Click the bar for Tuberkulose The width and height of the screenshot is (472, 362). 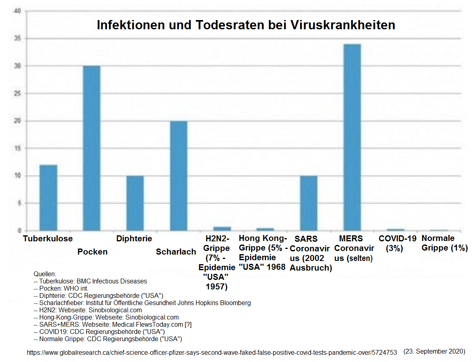click(48, 198)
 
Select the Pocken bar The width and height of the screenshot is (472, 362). click(92, 148)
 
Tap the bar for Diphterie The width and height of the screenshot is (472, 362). click(135, 203)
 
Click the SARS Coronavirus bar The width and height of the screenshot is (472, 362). click(309, 203)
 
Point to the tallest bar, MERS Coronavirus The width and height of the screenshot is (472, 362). click(352, 138)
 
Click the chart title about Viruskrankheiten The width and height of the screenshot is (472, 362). click(246, 25)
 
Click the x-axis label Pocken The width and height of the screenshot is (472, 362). click(93, 252)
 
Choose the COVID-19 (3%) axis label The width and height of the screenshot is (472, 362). click(395, 243)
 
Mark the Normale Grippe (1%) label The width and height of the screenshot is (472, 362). click(444, 243)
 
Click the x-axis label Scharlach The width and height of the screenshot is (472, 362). click(176, 252)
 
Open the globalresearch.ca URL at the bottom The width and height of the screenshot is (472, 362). click(212, 353)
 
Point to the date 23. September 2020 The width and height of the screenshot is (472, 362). click(434, 351)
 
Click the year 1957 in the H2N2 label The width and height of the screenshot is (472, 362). click(217, 287)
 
